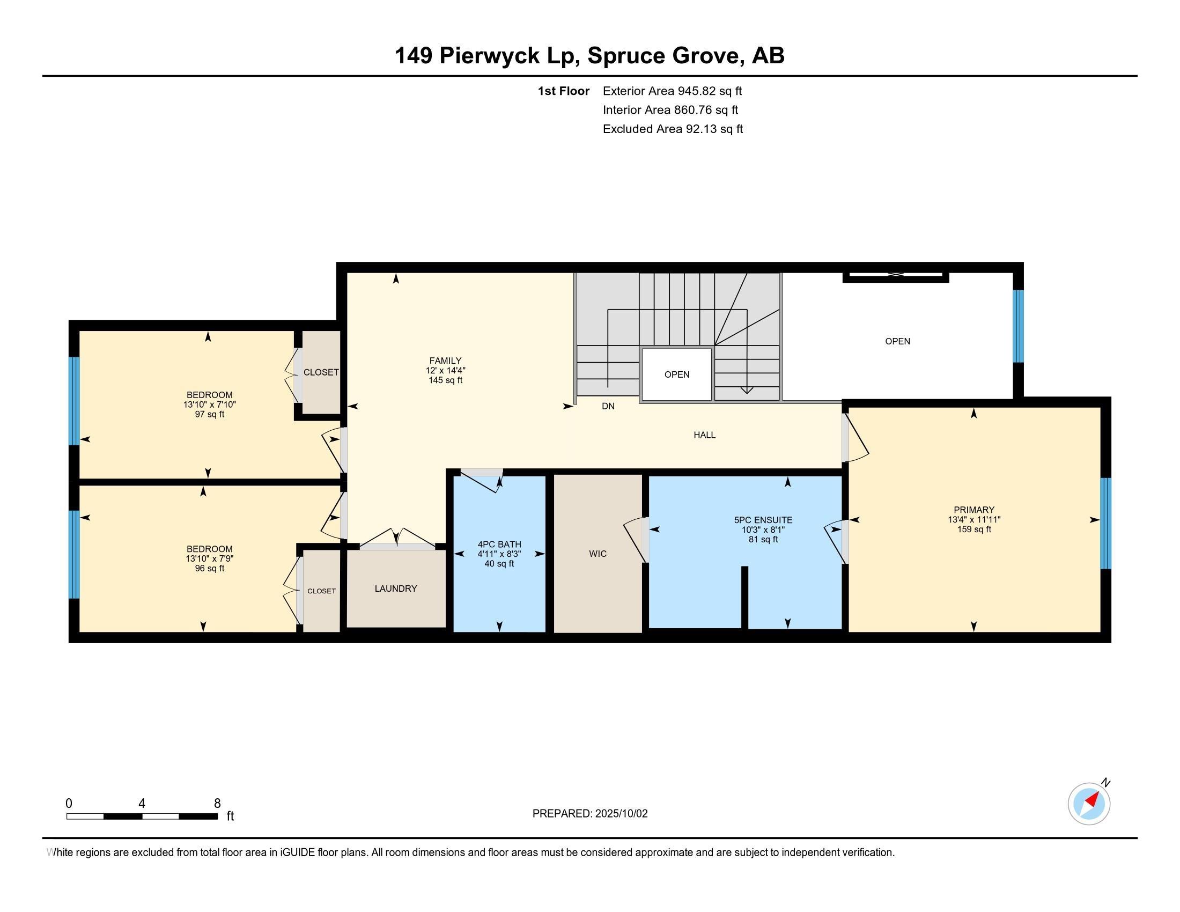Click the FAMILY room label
[445, 361]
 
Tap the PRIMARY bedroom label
[973, 510]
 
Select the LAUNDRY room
[396, 589]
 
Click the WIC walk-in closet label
[598, 554]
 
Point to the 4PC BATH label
[499, 545]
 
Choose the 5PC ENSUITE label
[763, 520]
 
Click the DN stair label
[608, 406]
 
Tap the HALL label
[705, 435]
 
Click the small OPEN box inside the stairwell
[676, 374]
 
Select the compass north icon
[1089, 804]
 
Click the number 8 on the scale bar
[217, 804]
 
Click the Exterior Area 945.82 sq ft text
[672, 91]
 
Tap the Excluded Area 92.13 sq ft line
[673, 129]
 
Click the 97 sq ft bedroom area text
[210, 414]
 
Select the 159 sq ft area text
[973, 529]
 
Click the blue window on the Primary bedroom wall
[1106, 523]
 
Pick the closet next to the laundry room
[321, 591]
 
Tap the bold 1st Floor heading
[564, 91]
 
